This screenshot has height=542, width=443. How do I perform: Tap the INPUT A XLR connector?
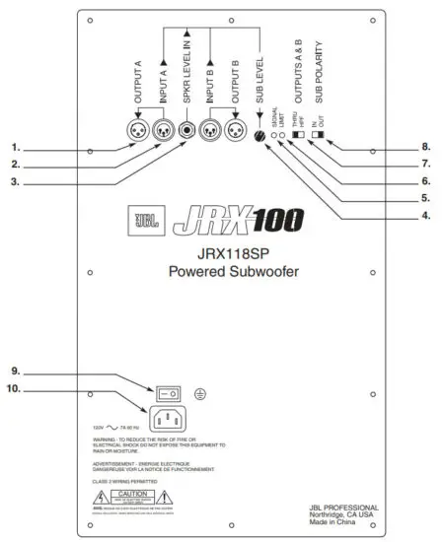tap(161, 128)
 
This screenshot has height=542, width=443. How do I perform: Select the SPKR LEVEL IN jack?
tap(185, 128)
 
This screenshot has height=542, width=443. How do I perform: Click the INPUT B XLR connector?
tap(209, 128)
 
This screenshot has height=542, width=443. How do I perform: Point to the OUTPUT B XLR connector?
tap(235, 128)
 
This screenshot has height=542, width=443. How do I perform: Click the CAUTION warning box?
tap(132, 491)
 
